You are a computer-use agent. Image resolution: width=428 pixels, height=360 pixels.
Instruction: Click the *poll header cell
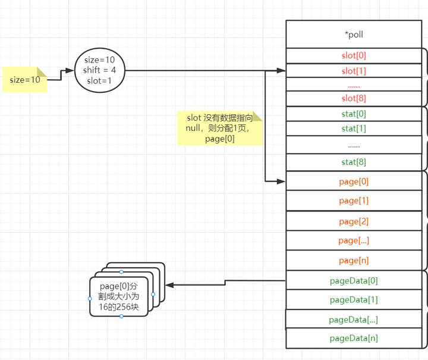[x=354, y=35]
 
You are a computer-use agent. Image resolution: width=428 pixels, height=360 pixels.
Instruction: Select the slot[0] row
[x=354, y=55]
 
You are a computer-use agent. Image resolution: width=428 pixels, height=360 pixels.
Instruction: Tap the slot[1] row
[x=354, y=71]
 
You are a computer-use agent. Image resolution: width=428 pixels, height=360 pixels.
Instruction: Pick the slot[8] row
[x=354, y=99]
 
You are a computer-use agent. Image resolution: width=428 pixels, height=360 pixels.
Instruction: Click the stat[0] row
[x=354, y=114]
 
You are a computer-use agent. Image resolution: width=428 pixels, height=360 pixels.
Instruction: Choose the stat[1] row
[x=354, y=129]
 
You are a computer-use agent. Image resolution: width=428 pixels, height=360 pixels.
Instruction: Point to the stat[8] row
[x=354, y=162]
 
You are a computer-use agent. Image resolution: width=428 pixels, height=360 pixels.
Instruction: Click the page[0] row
[x=354, y=181]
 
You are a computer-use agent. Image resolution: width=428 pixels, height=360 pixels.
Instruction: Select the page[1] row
[x=354, y=201]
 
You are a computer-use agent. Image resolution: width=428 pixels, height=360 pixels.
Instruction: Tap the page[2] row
[x=354, y=221]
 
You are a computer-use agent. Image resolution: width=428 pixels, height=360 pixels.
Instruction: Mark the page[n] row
[x=354, y=260]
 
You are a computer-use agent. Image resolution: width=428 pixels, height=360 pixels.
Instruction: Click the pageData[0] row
[x=354, y=280]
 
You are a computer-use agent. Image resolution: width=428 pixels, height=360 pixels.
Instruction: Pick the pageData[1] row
[x=354, y=300]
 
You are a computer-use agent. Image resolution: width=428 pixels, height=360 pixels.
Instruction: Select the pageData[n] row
[x=354, y=338]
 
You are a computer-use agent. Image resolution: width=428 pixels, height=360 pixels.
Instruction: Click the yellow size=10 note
[x=24, y=80]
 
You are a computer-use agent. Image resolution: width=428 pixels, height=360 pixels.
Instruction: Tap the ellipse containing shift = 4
[x=100, y=70]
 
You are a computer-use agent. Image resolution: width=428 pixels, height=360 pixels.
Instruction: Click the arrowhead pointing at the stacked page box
[x=169, y=285]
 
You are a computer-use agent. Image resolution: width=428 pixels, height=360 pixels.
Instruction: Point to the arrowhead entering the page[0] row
[x=282, y=181]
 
